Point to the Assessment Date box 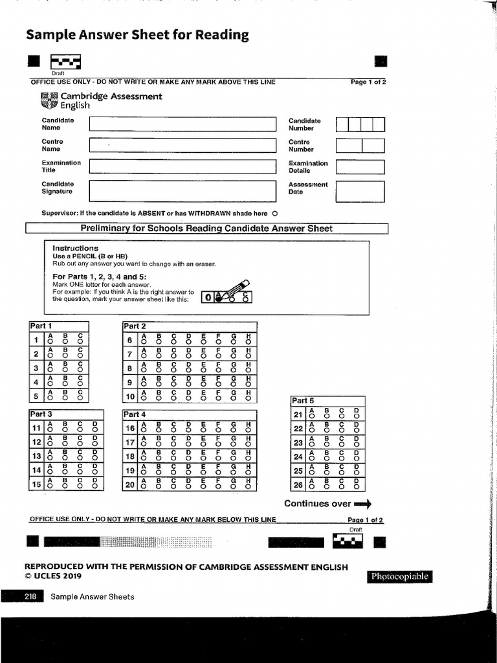click(360, 191)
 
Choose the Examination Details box click(360, 167)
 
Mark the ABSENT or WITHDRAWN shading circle click(275, 214)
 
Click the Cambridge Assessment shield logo click(49, 100)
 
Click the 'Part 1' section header click(41, 326)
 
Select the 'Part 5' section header click(304, 400)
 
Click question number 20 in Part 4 click(130, 484)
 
